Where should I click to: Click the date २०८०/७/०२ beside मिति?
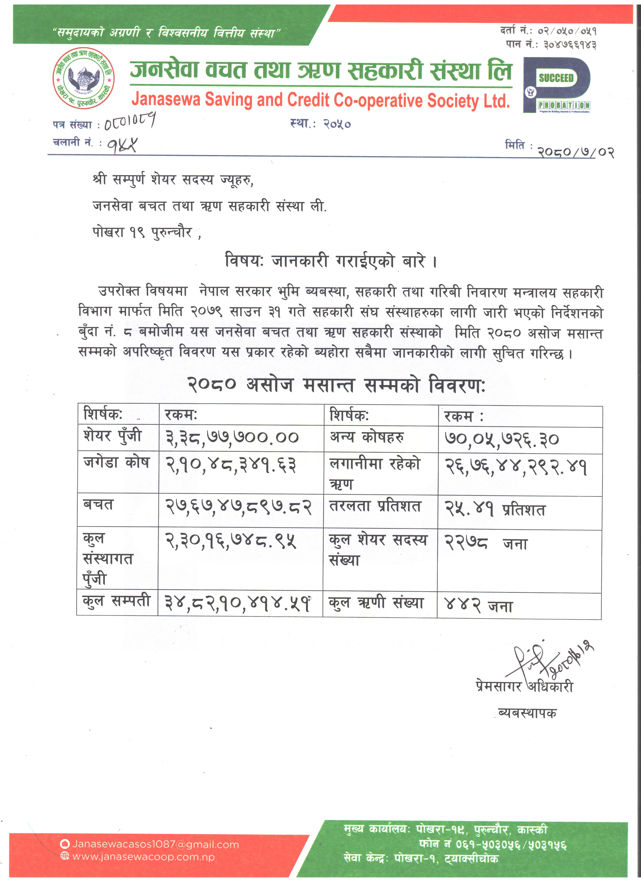click(575, 151)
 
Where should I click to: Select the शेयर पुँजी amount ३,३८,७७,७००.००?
click(232, 438)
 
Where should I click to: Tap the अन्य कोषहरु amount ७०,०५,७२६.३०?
click(501, 439)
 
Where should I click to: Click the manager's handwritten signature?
click(548, 660)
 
